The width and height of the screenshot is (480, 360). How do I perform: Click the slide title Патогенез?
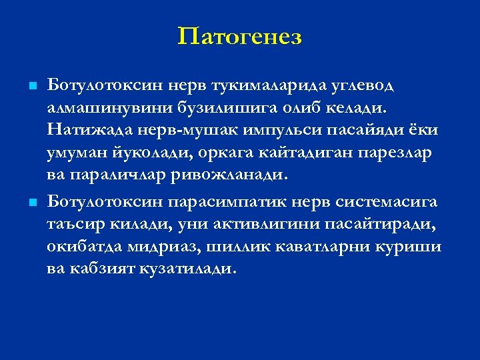pos(240,37)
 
